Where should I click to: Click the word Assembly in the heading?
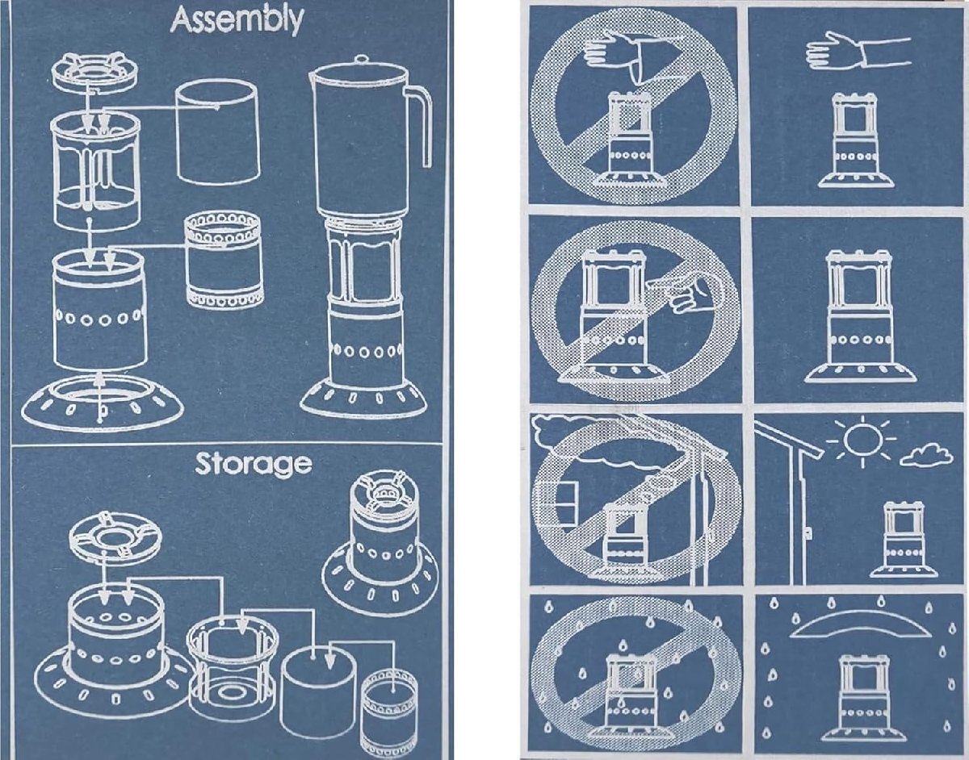tap(237, 21)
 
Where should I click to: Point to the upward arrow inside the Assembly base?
tap(99, 395)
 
